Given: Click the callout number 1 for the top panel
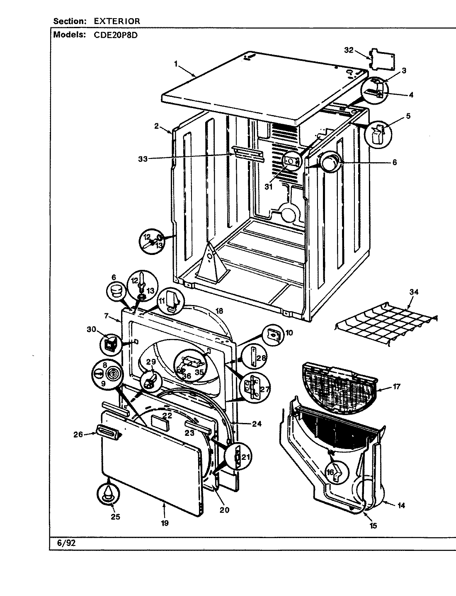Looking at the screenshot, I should [176, 63].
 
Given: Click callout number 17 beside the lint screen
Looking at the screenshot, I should [397, 387].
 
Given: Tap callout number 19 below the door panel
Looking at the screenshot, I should [165, 523].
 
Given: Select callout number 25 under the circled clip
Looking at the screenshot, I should [116, 517].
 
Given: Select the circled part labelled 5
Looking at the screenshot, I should [378, 134].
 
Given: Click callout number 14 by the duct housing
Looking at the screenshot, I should [401, 505].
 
